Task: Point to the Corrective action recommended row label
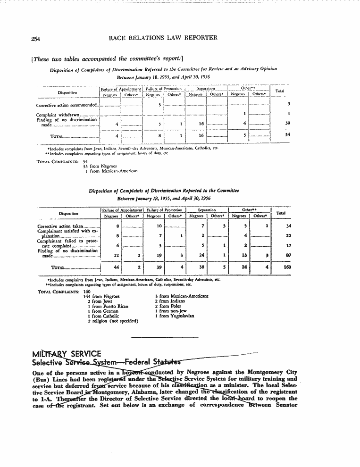tap(67, 105)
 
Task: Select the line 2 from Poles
tap(168, 306)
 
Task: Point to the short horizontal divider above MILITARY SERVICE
tap(164, 337)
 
